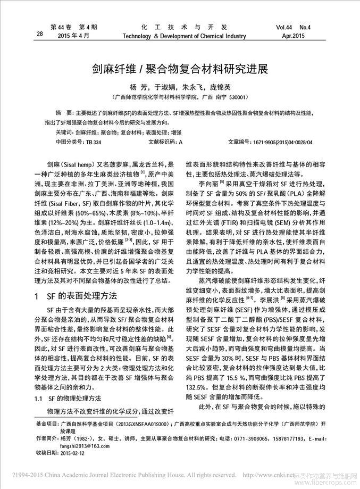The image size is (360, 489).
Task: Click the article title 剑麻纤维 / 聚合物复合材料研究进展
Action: pyautogui.click(x=180, y=69)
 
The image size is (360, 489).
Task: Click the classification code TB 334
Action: pyautogui.click(x=93, y=143)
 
